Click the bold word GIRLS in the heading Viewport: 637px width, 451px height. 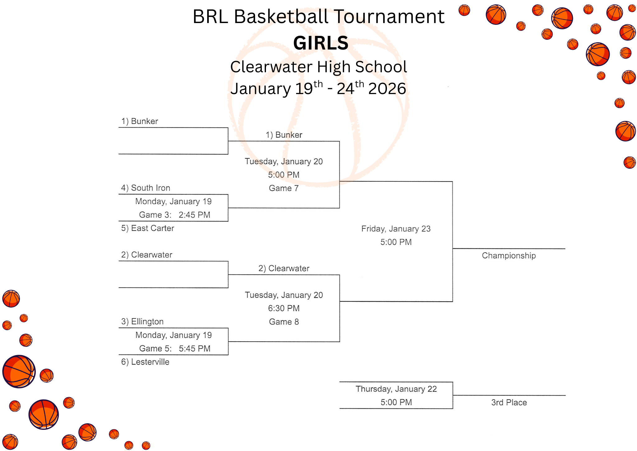(321, 43)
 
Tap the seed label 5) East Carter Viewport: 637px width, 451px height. (147, 228)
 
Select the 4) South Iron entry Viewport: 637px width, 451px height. (146, 188)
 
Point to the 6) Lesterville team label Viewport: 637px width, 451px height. (145, 362)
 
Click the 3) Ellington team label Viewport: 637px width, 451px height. (142, 321)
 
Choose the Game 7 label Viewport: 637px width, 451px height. (284, 188)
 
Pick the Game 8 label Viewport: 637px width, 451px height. (284, 322)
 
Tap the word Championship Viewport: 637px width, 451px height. (509, 256)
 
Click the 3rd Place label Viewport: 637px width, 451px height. (509, 402)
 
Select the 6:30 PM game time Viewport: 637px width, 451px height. (284, 308)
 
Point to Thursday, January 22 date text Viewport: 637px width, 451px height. (396, 389)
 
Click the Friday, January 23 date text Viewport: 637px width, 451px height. (396, 229)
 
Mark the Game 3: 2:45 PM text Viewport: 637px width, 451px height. (174, 215)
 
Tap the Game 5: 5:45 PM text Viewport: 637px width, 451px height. (174, 349)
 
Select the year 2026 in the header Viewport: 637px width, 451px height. (387, 89)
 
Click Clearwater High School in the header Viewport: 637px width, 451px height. (318, 67)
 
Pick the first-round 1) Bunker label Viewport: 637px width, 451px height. (140, 121)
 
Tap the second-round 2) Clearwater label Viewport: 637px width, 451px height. (284, 268)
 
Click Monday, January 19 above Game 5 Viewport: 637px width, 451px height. (174, 335)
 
